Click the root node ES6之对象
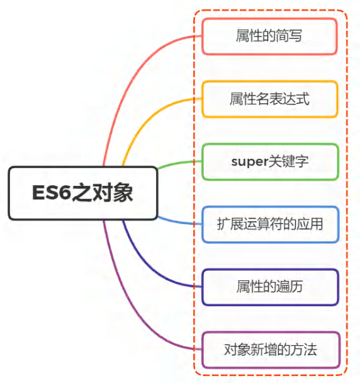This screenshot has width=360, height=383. tap(83, 193)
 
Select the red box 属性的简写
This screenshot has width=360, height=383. tap(269, 36)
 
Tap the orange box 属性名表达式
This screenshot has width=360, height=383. tap(270, 99)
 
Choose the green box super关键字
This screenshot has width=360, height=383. tap(270, 162)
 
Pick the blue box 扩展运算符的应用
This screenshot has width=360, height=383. tap(270, 224)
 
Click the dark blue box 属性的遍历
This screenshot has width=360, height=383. tap(270, 287)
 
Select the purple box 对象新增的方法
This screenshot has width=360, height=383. tap(271, 350)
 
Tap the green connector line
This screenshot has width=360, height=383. tap(179, 163)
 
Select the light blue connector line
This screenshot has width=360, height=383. tap(179, 222)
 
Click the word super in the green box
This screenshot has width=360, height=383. tap(249, 162)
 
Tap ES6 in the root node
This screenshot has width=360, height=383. tap(52, 193)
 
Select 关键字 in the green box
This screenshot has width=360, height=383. tap(288, 161)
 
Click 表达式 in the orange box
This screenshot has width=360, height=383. tap(290, 99)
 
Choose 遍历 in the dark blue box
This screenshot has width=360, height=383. tap(290, 286)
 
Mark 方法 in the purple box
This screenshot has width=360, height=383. tap(303, 350)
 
